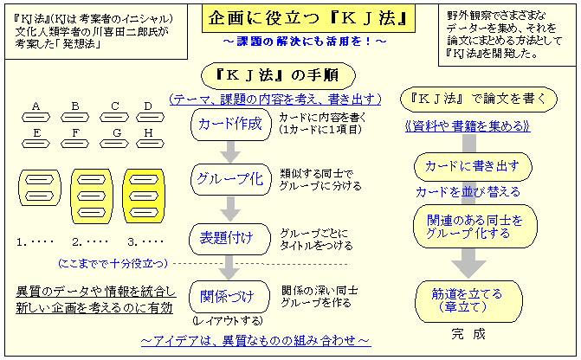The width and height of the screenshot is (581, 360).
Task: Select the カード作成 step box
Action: pyautogui.click(x=229, y=124)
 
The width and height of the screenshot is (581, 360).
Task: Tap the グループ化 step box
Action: pyautogui.click(x=229, y=180)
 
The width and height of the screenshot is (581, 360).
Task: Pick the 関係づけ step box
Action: pyautogui.click(x=229, y=297)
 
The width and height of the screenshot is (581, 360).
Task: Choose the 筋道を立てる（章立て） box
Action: pyautogui.click(x=472, y=300)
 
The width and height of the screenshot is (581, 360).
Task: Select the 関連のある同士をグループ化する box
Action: pyautogui.click(x=474, y=227)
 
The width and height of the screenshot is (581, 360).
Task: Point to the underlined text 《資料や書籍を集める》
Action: pyautogui.click(x=468, y=126)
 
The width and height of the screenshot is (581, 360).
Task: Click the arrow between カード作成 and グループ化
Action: pyautogui.click(x=229, y=151)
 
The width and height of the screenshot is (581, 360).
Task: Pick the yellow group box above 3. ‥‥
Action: pyautogui.click(x=144, y=195)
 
